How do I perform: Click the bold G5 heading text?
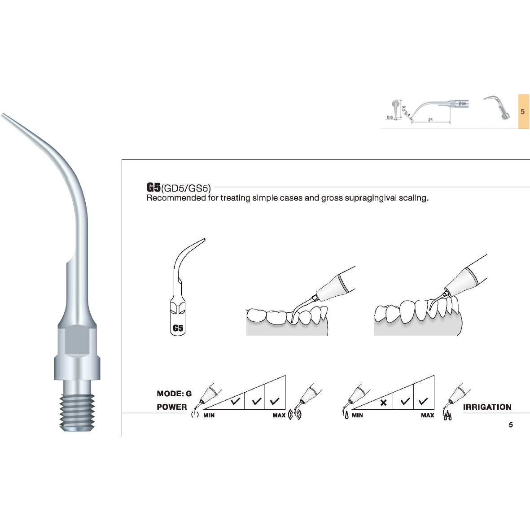(x=153, y=188)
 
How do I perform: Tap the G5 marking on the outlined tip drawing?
(x=178, y=328)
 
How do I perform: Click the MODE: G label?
(x=174, y=394)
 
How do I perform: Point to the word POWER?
(x=172, y=407)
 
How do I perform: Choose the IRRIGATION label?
(x=487, y=407)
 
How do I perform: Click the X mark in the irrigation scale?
(x=383, y=403)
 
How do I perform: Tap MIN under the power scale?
(x=209, y=416)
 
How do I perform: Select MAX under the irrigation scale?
(x=427, y=416)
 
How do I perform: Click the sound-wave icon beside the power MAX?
(x=294, y=415)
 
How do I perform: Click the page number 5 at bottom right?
(x=511, y=425)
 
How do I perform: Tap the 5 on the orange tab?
(x=523, y=111)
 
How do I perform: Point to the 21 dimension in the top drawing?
(x=430, y=120)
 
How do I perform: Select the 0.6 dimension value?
(x=390, y=118)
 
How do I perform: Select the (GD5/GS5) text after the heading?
(x=186, y=188)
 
